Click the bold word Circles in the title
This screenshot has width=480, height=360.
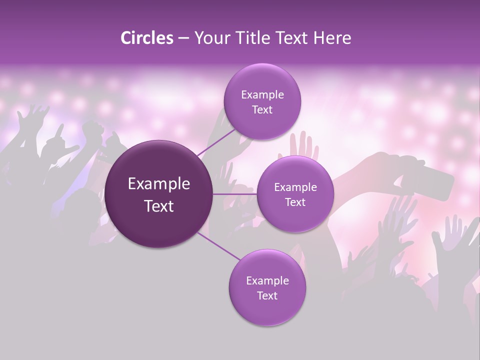pos(146,38)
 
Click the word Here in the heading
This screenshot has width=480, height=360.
pos(333,38)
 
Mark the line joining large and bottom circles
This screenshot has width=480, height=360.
pos(218,246)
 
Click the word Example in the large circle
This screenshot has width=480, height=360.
pos(159,184)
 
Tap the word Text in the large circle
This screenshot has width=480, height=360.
pos(159,206)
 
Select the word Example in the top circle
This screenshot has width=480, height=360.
pos(262,95)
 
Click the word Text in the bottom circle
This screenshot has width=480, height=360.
pos(267,295)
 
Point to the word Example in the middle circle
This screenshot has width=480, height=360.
pos(295,187)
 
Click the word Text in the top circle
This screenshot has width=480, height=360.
pos(262,109)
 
